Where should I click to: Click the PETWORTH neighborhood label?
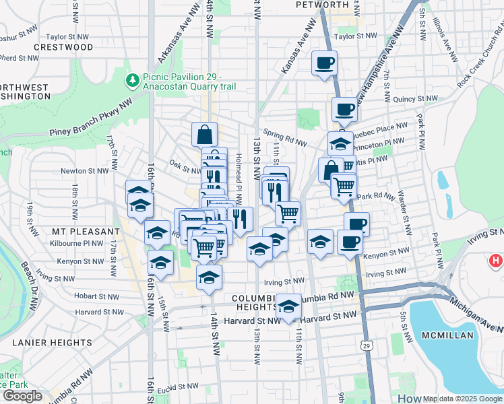pos(323,5)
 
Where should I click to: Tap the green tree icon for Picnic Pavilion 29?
pos(132,81)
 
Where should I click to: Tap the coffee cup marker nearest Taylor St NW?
pos(324,63)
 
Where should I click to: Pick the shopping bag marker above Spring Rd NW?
pos(203,134)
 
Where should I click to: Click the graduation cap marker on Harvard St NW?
pos(288,306)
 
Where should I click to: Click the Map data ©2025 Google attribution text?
pos(462,399)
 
